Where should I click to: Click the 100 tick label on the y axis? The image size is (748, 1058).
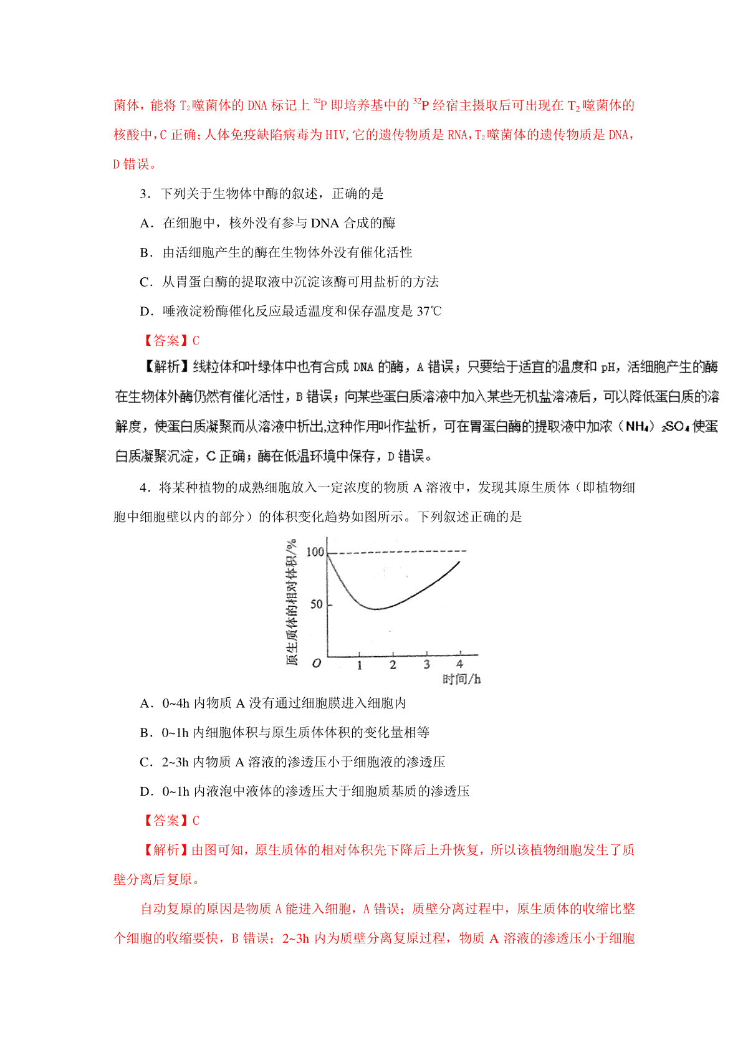tap(315, 552)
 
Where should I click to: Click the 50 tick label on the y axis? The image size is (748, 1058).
tap(317, 604)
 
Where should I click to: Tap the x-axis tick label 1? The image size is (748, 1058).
tap(360, 665)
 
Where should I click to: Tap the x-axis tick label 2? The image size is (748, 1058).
tap(393, 665)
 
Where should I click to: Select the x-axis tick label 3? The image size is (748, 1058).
tap(426, 665)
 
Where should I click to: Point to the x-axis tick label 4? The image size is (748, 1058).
tap(459, 664)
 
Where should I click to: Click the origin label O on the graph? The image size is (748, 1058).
tap(317, 664)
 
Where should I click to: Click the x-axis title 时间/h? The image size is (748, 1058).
tap(461, 679)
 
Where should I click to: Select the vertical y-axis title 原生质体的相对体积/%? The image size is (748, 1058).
tap(292, 602)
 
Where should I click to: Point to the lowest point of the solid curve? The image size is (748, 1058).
tap(376, 609)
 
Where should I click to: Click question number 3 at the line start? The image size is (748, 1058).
tap(145, 194)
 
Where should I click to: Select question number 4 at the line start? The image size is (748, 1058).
tap(145, 488)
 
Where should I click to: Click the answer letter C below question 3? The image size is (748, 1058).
tap(196, 341)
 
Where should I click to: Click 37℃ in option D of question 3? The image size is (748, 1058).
tap(429, 312)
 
